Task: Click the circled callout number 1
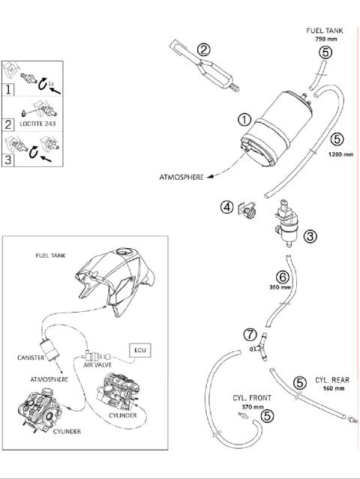[244, 119]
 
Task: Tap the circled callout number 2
[203, 50]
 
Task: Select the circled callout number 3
[310, 235]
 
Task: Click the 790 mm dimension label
[324, 39]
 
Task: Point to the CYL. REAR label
[331, 380]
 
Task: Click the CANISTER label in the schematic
[28, 358]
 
